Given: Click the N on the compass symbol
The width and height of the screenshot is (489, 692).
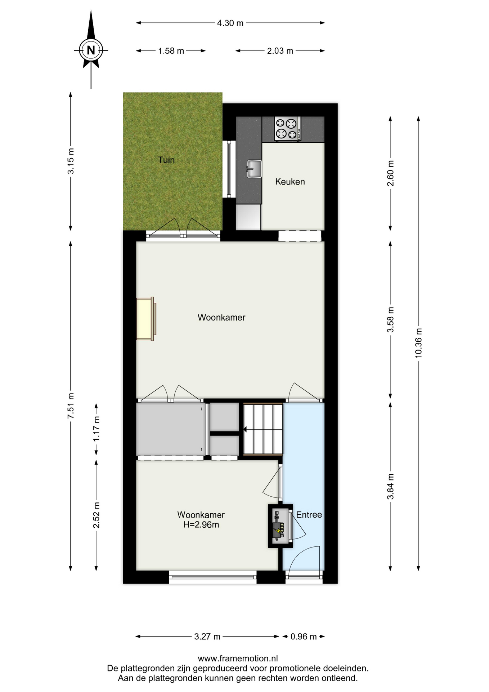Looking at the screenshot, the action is (x=91, y=50).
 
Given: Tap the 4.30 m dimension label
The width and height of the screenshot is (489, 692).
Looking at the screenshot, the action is (x=230, y=23).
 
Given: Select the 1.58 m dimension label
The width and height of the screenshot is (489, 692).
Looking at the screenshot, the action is (x=171, y=51).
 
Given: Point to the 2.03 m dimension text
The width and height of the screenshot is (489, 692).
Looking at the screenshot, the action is (x=280, y=51).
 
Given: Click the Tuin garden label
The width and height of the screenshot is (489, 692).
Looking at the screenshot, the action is (x=166, y=160).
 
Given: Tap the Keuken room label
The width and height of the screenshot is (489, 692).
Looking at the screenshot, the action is (x=290, y=182).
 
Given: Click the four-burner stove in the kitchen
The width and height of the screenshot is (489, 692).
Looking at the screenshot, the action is (x=287, y=129).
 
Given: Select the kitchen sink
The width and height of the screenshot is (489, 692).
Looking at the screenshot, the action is (x=254, y=169).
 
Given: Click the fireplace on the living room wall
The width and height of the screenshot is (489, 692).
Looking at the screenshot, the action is (x=146, y=319).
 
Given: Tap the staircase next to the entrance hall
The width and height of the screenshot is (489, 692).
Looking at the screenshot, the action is (x=263, y=429).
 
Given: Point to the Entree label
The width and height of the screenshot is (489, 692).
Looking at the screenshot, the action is (x=309, y=515).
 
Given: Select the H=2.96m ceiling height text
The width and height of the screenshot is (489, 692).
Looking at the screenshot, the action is (x=201, y=525).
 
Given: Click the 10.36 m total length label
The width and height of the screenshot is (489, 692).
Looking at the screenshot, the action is (x=418, y=343).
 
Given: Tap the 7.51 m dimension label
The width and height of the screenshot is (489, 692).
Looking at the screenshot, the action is (x=71, y=406).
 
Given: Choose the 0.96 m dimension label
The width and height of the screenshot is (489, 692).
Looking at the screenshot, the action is (x=304, y=636).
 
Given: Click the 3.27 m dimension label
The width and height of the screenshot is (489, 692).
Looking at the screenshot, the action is (x=207, y=636).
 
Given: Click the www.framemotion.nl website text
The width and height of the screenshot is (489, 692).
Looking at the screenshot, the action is (x=238, y=658).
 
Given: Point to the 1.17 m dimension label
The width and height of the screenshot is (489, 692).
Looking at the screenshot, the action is (x=96, y=429).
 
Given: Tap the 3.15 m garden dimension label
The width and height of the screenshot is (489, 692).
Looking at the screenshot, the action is (x=71, y=161).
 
